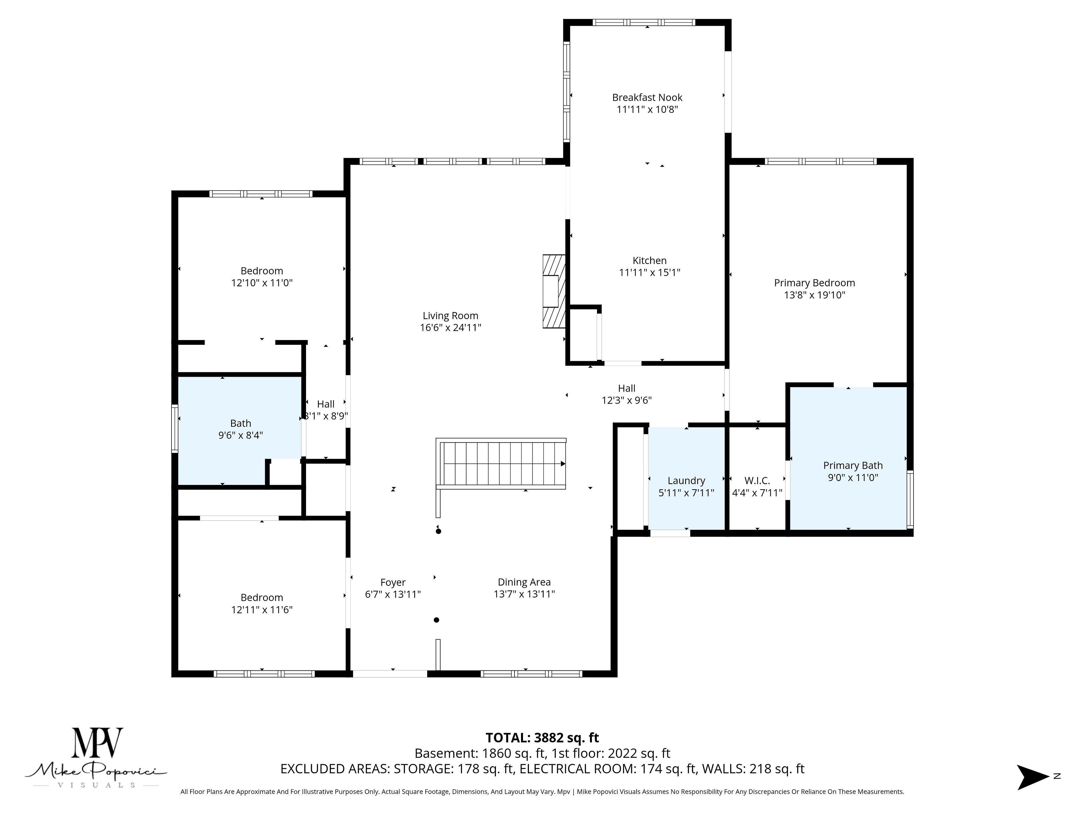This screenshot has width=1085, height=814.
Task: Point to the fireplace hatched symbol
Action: click(554, 291)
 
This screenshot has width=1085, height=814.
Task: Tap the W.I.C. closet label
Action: click(757, 481)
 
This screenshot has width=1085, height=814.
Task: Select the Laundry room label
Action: click(686, 481)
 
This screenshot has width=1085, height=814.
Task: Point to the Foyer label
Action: click(393, 583)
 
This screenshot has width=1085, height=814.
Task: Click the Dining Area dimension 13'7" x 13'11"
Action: click(524, 594)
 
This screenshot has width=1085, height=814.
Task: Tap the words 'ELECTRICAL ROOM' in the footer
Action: click(577, 769)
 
